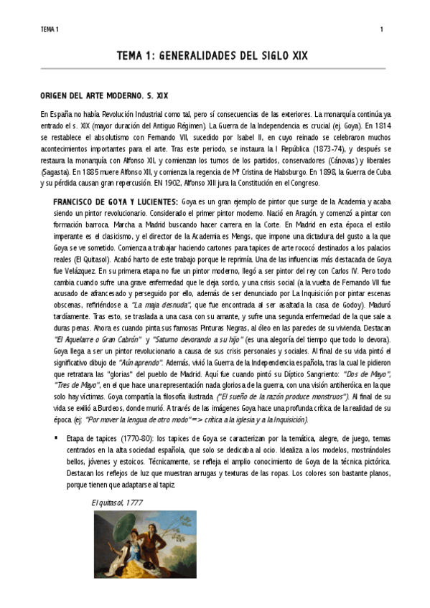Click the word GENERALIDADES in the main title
[208, 55]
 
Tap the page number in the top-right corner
[381, 29]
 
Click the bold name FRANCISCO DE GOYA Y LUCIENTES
[116, 203]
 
